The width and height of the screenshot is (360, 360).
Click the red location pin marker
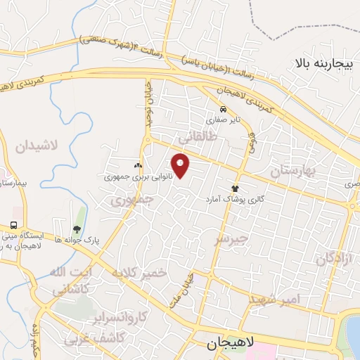tap(181, 165)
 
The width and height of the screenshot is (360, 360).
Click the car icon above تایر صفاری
tap(223, 110)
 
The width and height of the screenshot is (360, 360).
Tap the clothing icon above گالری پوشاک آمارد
tap(235, 188)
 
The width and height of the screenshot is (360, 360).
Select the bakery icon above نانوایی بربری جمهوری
tap(137, 165)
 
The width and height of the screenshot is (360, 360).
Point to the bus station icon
tap(14, 225)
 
